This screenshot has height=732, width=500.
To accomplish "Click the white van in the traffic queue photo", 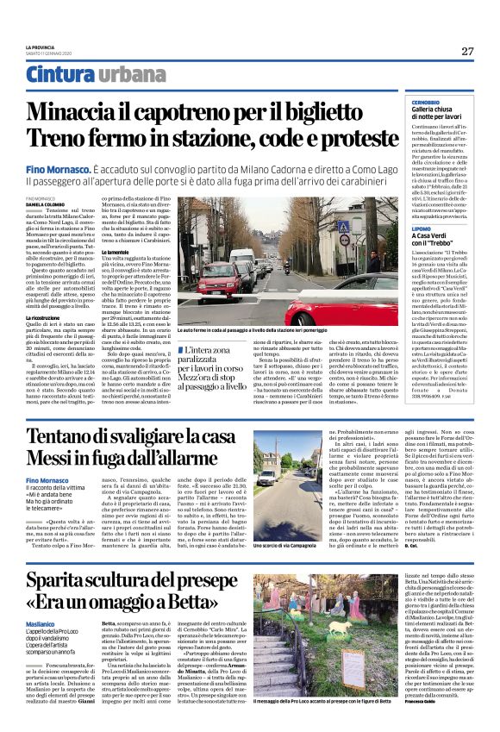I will pos(242,258).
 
